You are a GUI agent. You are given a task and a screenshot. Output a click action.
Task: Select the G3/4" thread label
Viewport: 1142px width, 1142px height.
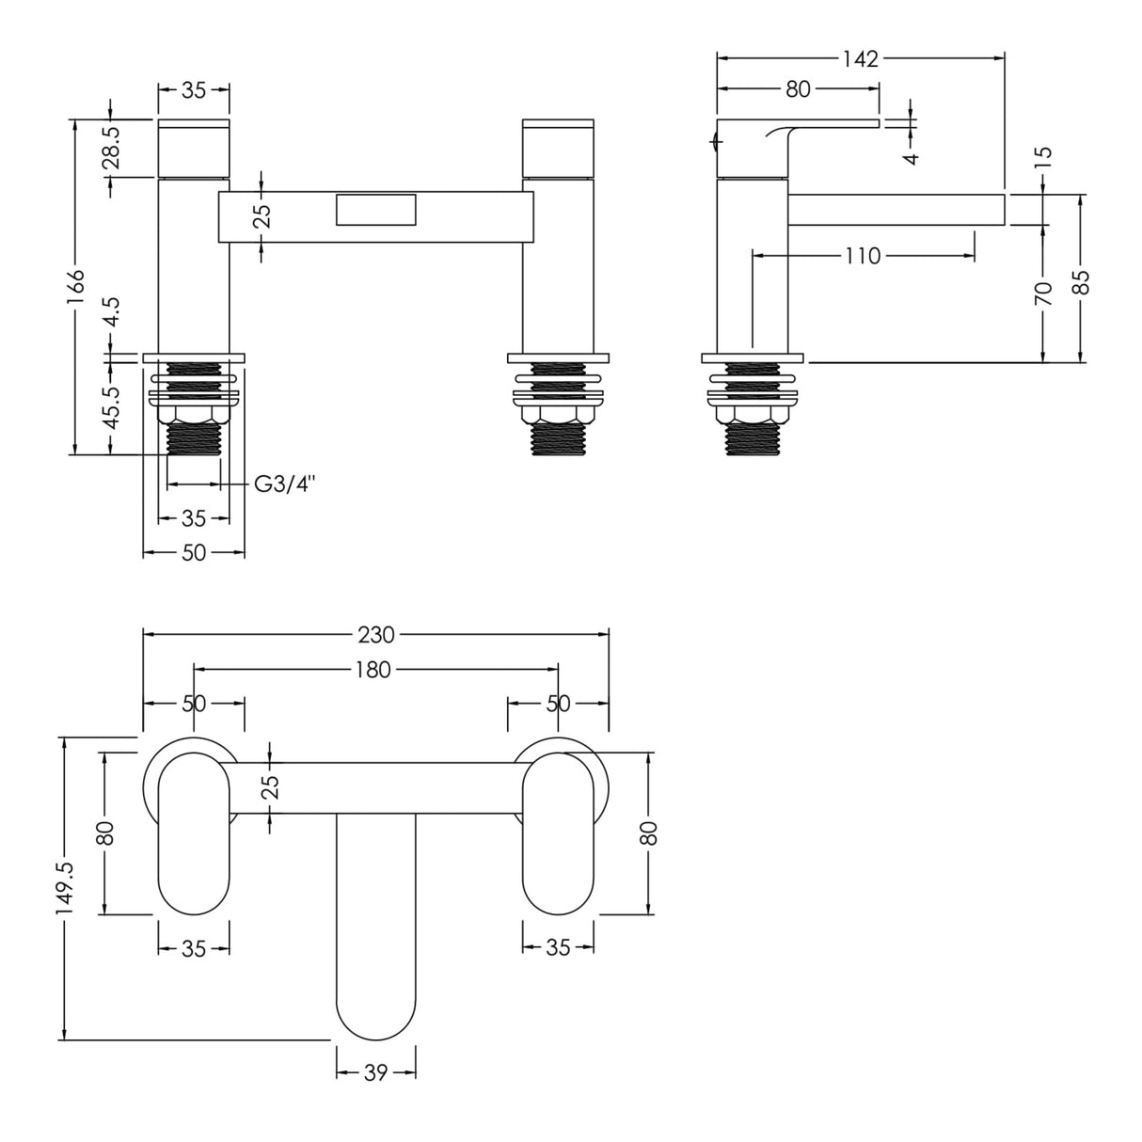pos(285,484)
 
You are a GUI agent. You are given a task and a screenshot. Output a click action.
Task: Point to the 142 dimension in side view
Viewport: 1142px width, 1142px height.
pos(860,58)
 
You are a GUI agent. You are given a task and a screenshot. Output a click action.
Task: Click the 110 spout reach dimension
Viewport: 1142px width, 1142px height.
pos(862,255)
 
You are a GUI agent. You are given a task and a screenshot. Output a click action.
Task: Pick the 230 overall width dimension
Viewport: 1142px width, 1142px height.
pos(375,634)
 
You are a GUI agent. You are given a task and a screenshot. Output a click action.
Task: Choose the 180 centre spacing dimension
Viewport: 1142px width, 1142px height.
pos(375,670)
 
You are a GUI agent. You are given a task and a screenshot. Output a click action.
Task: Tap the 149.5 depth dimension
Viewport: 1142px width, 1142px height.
pos(65,890)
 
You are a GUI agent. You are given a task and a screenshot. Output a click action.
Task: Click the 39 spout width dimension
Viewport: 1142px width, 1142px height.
pos(375,1072)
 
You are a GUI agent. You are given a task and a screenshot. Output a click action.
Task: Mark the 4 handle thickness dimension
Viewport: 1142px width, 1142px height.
pos(911,156)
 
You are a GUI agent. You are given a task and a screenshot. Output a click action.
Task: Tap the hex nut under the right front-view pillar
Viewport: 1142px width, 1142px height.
pos(558,415)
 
